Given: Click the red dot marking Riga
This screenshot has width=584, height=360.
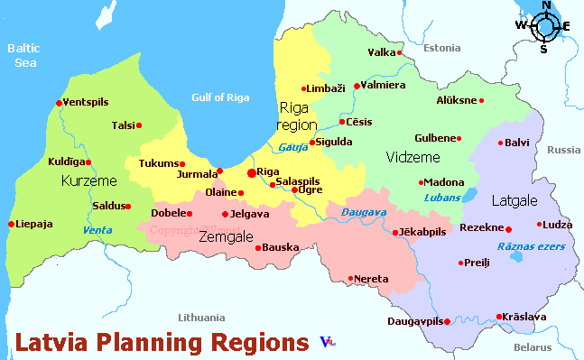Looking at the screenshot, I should [251, 171].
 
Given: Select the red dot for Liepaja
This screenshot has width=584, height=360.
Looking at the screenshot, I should [11, 224].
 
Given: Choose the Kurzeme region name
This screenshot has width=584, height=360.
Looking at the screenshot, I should [88, 181].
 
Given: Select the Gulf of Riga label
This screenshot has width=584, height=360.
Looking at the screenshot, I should [222, 97].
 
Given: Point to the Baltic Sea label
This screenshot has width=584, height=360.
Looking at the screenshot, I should [25, 55].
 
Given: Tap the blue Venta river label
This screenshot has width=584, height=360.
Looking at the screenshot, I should [97, 230].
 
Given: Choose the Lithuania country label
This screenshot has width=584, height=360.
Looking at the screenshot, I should [201, 318].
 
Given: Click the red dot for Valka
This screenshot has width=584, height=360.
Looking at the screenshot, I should [401, 53].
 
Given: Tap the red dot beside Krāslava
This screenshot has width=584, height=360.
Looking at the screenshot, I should [499, 316].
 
